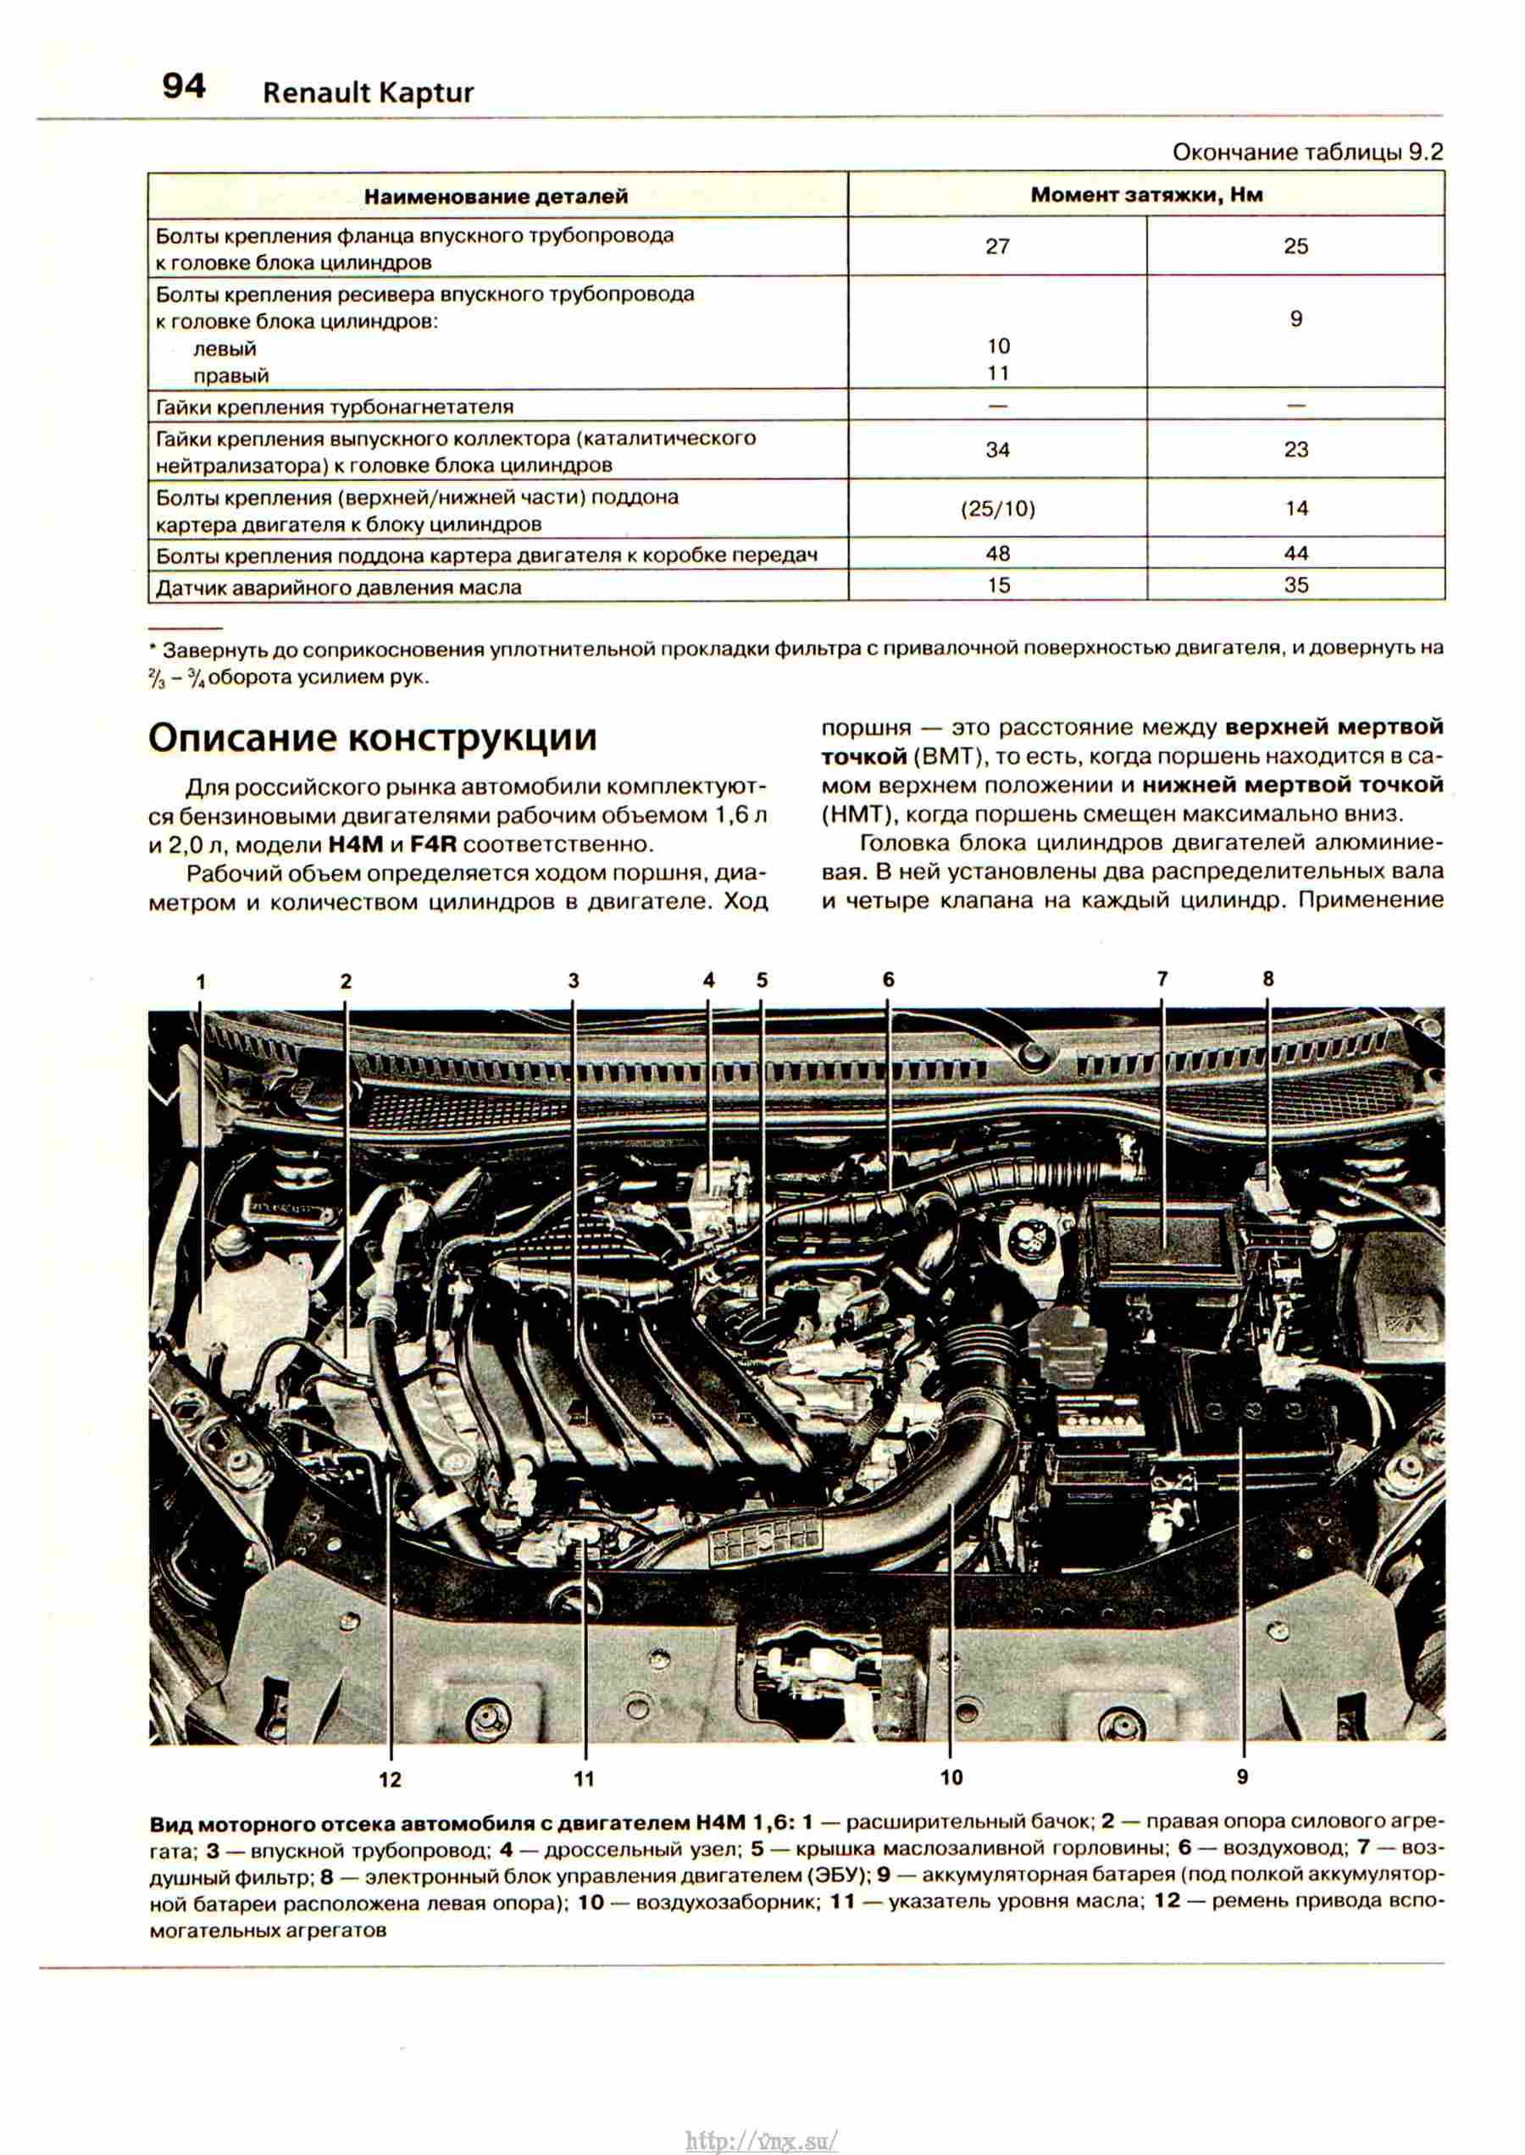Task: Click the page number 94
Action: point(184,86)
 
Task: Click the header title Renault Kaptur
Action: point(368,93)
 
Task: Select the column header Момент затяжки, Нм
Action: point(1145,196)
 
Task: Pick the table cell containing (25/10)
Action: point(997,509)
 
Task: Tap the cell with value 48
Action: point(997,554)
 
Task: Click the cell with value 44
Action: point(1296,554)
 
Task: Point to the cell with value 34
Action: point(997,450)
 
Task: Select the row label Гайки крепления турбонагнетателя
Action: point(335,407)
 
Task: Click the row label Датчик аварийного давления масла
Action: point(338,588)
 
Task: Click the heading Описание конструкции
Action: point(373,738)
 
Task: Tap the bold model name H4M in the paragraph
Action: point(356,843)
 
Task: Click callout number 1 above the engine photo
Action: point(200,981)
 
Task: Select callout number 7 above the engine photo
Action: point(1162,979)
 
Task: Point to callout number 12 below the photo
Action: point(390,1780)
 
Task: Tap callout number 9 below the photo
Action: point(1242,1776)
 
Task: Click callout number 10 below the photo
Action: point(951,1776)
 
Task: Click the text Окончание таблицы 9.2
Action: point(1307,152)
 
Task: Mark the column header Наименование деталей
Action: point(496,196)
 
